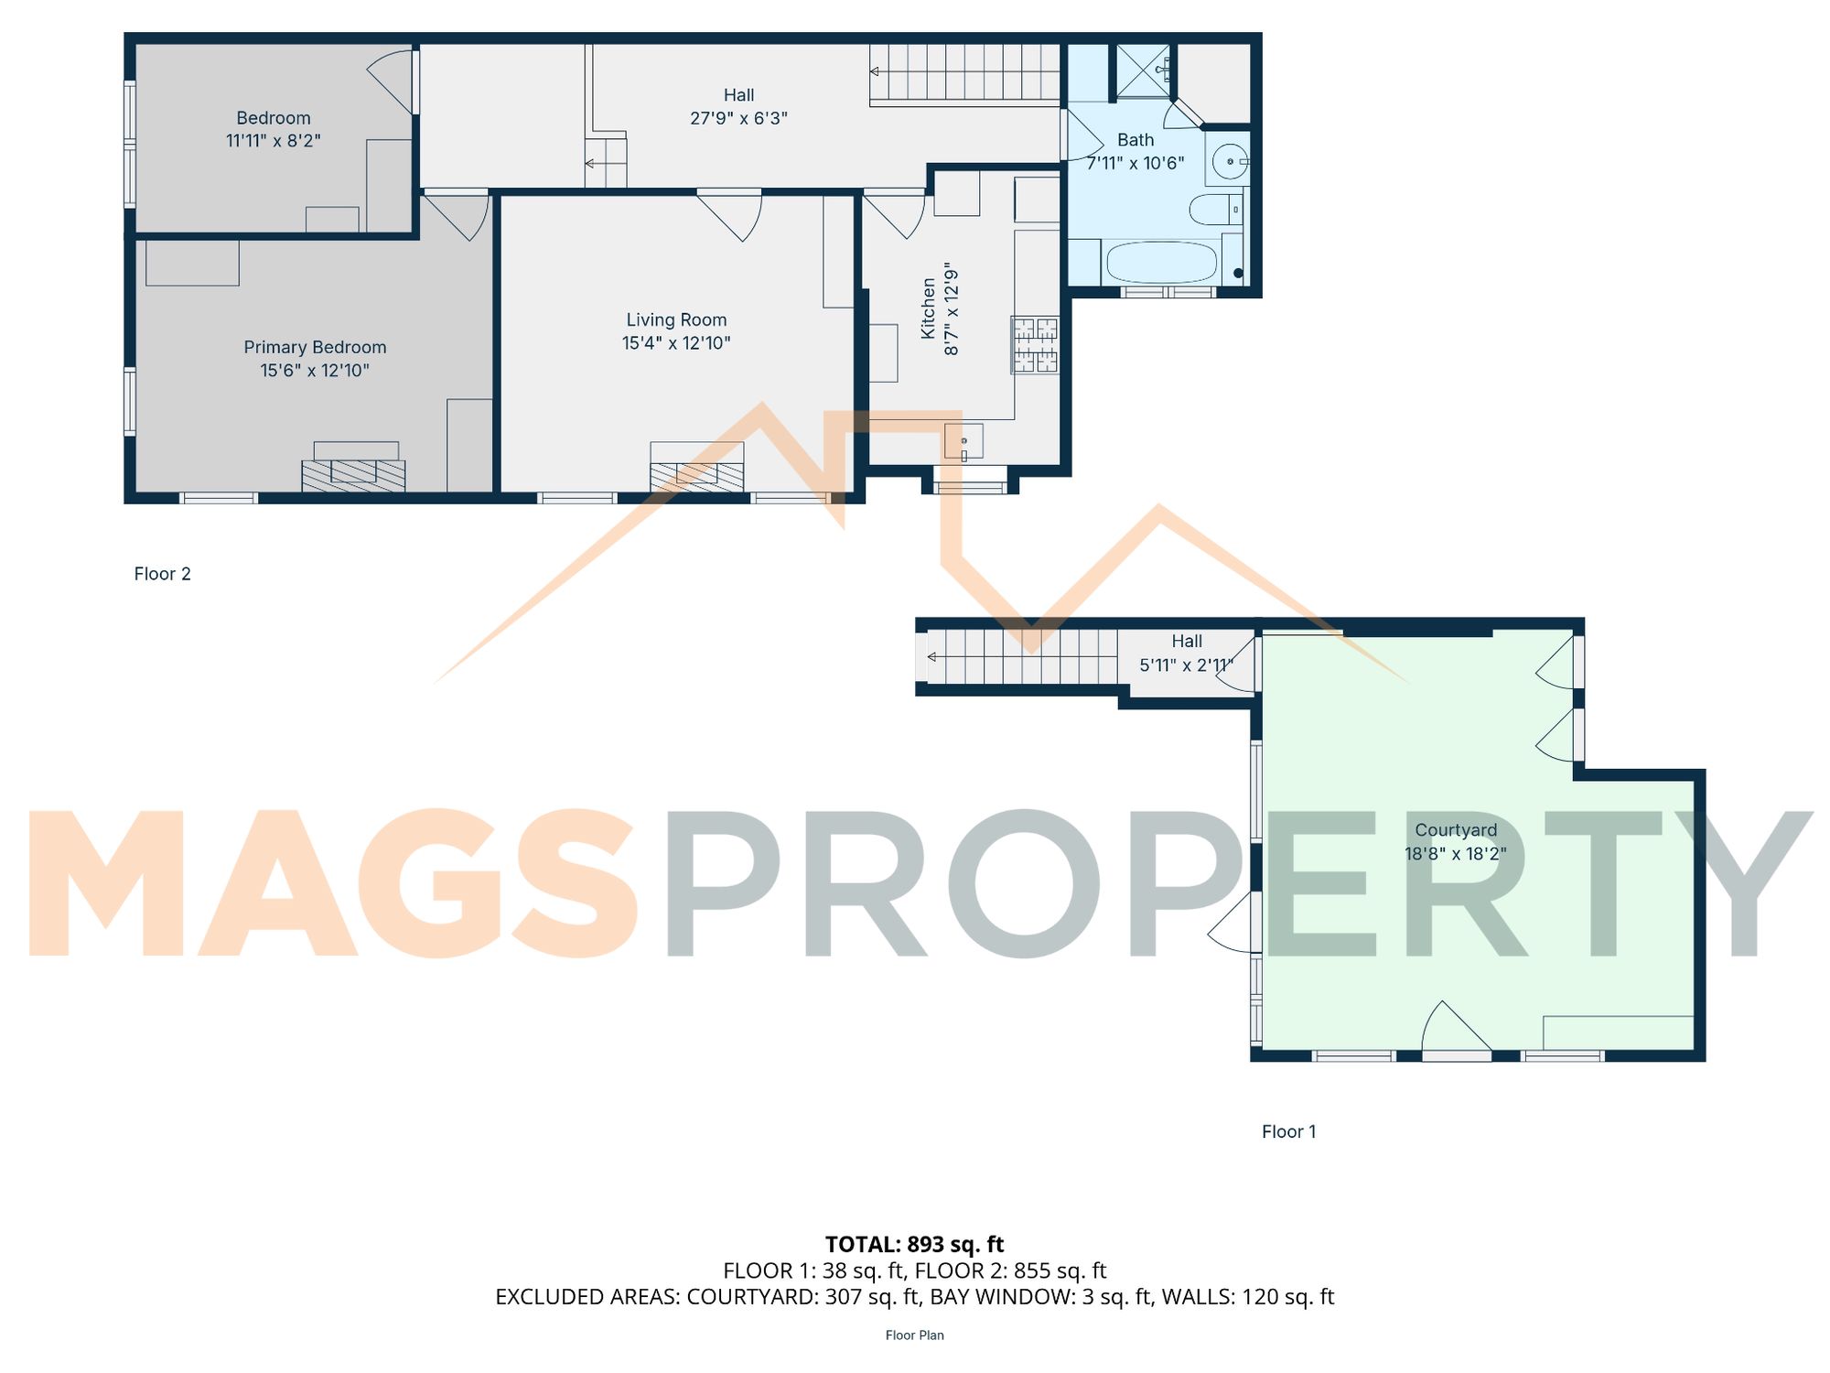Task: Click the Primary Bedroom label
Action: (x=315, y=348)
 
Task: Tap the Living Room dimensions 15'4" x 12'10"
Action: (x=676, y=343)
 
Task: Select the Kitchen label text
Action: (x=929, y=309)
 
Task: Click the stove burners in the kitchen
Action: (x=1035, y=345)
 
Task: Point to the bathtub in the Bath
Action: (x=1161, y=263)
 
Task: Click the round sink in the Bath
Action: (x=1229, y=162)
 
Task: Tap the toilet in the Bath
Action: (x=1212, y=210)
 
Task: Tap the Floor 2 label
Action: (x=162, y=574)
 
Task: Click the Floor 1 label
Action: (x=1288, y=1131)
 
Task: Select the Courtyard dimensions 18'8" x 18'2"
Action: (x=1455, y=853)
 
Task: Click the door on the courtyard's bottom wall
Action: (x=1457, y=1030)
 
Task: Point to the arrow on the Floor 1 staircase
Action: (x=931, y=657)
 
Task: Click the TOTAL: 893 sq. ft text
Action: (x=914, y=1244)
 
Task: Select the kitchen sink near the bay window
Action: (x=963, y=441)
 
